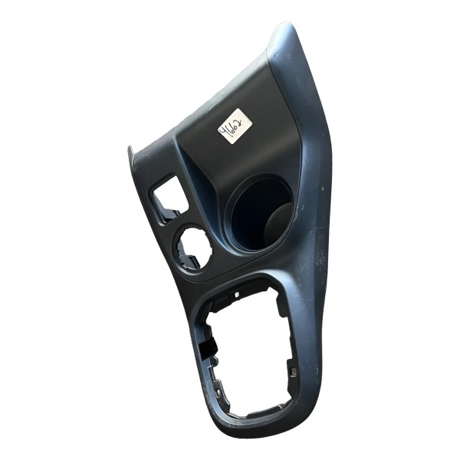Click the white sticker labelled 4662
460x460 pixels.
(x=236, y=127)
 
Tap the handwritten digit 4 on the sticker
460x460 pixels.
(x=228, y=134)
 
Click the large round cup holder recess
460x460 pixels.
(x=259, y=214)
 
